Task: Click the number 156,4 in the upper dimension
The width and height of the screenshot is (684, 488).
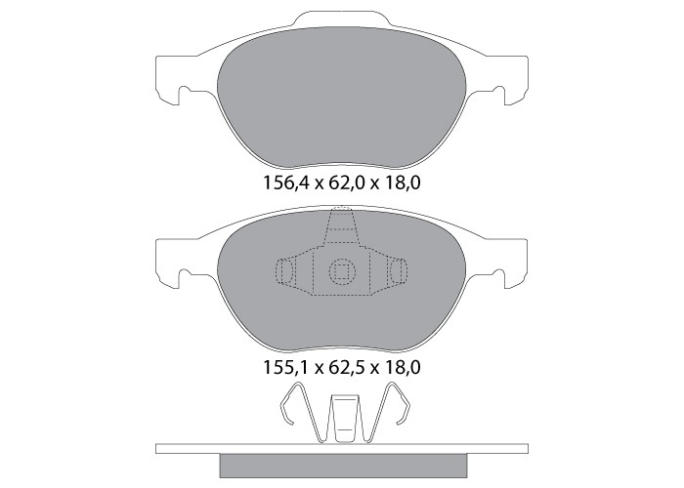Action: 285,183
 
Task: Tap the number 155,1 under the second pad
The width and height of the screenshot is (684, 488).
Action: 285,368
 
